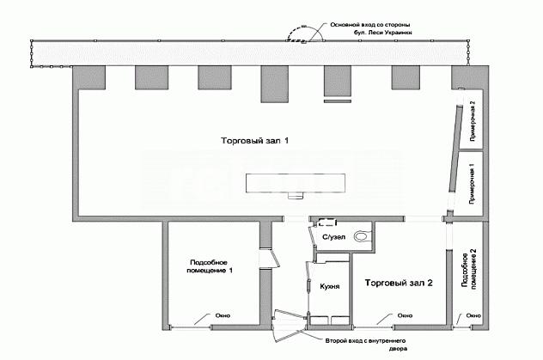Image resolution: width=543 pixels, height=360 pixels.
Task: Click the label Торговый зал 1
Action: (255, 141)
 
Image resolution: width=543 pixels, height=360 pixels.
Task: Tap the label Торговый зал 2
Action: (399, 283)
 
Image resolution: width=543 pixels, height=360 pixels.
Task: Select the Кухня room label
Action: (330, 286)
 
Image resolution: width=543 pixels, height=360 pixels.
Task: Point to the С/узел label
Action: (334, 237)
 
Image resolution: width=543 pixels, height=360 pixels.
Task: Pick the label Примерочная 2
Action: (473, 121)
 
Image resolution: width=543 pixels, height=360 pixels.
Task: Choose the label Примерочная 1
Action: (472, 183)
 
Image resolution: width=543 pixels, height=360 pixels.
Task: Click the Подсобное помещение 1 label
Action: (210, 266)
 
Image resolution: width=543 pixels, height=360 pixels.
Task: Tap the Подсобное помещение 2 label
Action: (469, 269)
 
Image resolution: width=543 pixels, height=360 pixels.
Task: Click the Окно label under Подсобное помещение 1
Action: (223, 315)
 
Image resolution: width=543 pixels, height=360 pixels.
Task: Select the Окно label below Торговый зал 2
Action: (405, 315)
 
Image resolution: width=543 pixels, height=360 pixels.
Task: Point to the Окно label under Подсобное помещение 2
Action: (473, 315)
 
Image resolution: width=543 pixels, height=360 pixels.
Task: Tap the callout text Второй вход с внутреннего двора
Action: (366, 345)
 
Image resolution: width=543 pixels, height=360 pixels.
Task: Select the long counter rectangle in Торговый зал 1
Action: (296, 183)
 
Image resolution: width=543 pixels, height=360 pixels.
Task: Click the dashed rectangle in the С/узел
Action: (327, 222)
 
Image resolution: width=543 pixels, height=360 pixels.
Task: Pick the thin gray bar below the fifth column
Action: (338, 101)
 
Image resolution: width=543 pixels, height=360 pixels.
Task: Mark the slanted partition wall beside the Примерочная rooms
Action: (455, 148)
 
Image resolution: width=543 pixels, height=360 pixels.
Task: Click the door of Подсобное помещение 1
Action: (275, 259)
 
